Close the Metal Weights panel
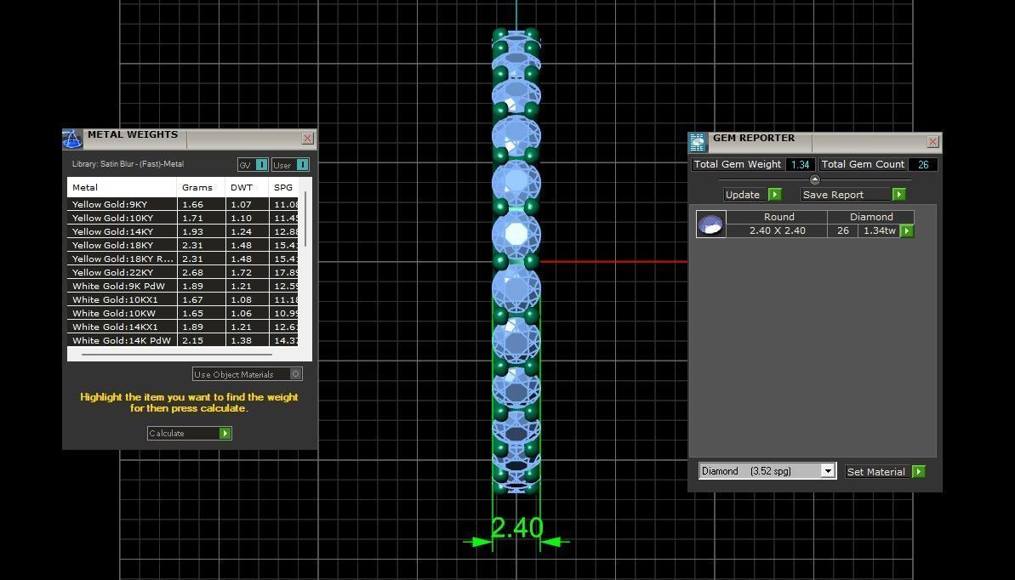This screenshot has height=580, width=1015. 307,139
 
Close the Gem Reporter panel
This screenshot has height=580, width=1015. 932,142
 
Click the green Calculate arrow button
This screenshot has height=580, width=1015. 225,434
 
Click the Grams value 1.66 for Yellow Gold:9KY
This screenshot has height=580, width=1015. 192,204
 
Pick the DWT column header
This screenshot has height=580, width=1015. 242,187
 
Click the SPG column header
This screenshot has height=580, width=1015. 282,187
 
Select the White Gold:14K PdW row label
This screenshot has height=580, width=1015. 121,340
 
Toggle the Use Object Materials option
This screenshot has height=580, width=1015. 295,374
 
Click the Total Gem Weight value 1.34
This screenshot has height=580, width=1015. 800,165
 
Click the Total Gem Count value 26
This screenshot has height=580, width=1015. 923,165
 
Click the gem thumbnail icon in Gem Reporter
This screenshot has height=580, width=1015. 711,225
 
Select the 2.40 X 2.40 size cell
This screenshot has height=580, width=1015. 777,230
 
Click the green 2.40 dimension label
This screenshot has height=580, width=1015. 516,528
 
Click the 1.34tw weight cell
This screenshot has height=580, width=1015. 879,230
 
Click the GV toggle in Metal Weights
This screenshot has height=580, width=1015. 252,165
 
